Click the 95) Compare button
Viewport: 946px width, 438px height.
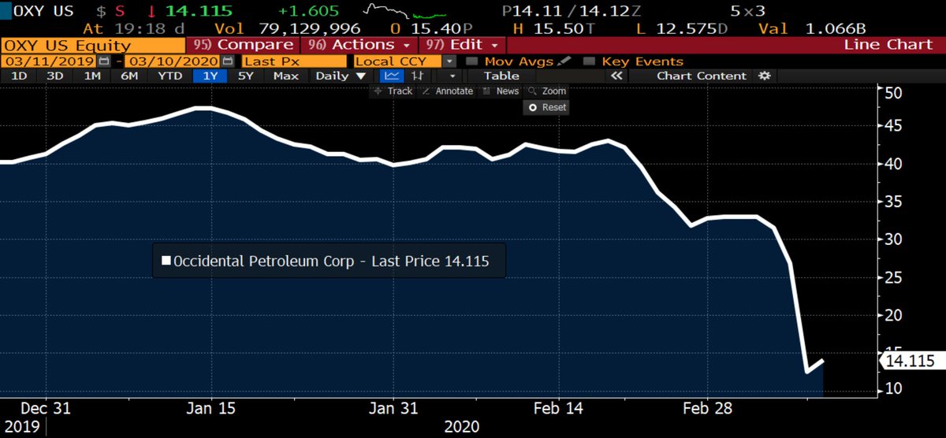point(244,45)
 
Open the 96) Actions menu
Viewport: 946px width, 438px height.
point(359,45)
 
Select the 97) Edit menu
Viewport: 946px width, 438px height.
point(463,45)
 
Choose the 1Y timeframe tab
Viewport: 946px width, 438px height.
point(210,76)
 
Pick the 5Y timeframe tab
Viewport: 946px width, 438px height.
point(245,76)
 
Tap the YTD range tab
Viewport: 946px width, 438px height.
point(169,76)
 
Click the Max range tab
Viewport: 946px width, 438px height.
point(286,76)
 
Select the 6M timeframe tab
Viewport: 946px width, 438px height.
point(129,76)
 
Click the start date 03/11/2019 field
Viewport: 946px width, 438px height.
point(50,61)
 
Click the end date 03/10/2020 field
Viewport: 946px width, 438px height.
point(173,61)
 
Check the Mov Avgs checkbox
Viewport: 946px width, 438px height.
point(471,61)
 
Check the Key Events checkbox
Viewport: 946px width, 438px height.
point(589,61)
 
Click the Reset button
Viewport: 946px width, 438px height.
point(546,108)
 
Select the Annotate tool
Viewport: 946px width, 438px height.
point(448,91)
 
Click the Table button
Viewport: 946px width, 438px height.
point(501,76)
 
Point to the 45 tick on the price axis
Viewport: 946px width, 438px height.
point(892,126)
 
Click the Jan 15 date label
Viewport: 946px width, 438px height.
point(210,408)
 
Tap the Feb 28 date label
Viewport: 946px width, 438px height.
point(707,408)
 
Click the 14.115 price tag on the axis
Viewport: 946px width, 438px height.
point(912,362)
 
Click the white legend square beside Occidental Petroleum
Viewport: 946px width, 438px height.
point(166,261)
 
